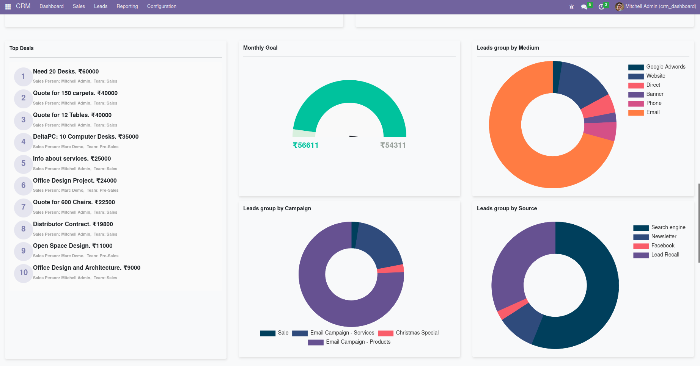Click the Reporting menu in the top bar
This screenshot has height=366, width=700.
(127, 6)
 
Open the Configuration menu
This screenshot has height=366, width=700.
(162, 6)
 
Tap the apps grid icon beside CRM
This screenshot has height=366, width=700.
(8, 7)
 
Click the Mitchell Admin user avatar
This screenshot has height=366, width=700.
(619, 6)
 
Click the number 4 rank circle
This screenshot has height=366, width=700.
(24, 142)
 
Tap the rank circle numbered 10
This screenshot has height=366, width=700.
(24, 273)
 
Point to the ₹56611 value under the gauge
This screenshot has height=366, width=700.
(305, 145)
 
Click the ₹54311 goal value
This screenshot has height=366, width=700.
(393, 145)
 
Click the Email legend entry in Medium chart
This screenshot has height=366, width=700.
(653, 112)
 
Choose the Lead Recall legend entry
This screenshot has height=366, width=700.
(665, 255)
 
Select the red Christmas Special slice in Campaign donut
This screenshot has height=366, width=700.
(391, 269)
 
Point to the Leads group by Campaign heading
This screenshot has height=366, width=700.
(277, 208)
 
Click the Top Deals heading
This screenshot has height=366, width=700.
(22, 48)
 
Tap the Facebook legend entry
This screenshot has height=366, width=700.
(662, 246)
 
